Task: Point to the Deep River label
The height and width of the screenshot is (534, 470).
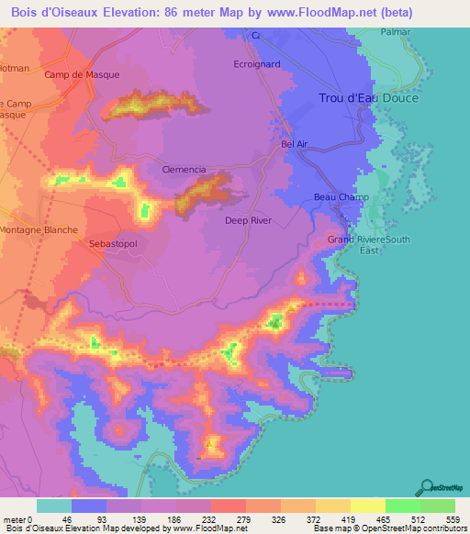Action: (x=248, y=221)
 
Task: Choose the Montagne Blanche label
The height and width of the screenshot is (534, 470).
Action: (x=39, y=230)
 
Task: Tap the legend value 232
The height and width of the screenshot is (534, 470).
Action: (x=194, y=518)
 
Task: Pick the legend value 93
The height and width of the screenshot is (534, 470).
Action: (x=89, y=518)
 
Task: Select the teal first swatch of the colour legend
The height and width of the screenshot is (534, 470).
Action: (x=54, y=506)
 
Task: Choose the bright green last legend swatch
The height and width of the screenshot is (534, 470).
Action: (x=437, y=506)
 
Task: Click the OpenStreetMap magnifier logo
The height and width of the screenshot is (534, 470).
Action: (x=425, y=486)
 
